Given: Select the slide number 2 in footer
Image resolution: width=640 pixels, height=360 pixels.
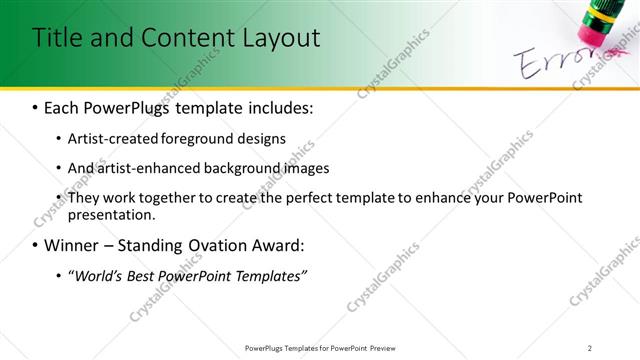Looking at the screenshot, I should click(590, 347).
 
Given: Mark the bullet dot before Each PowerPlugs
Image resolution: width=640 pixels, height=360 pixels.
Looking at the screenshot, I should click(36, 107).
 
